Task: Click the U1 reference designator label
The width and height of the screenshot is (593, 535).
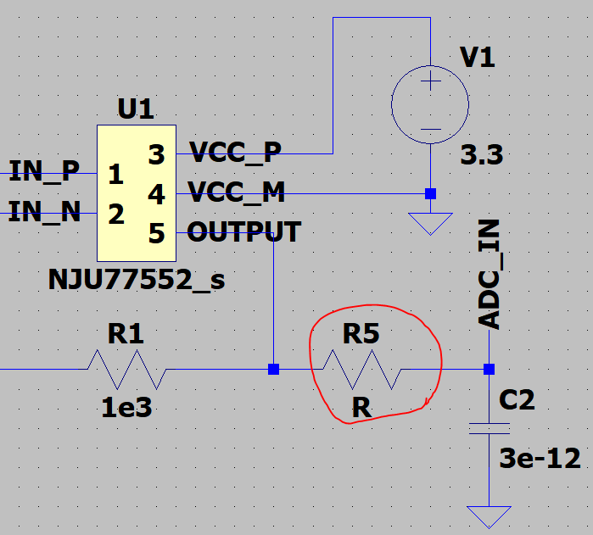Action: click(135, 109)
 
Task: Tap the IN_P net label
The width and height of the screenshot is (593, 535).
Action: click(44, 172)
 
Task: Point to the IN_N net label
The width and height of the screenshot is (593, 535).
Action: click(44, 211)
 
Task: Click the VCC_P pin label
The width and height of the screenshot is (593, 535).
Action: click(235, 153)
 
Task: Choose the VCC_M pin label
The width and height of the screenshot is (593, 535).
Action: click(237, 193)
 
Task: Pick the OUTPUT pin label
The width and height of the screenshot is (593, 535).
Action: click(243, 231)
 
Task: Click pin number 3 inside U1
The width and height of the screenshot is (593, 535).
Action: click(156, 154)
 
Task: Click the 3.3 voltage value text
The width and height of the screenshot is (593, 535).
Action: click(481, 156)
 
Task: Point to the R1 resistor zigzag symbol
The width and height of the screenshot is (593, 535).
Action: click(126, 370)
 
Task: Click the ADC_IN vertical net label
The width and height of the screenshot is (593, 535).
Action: click(490, 273)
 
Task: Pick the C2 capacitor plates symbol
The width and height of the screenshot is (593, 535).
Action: click(490, 428)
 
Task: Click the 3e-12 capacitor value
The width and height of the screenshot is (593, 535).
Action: click(540, 459)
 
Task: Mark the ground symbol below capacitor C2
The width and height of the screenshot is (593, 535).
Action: click(490, 515)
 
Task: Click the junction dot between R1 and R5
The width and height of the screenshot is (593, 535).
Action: click(273, 370)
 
